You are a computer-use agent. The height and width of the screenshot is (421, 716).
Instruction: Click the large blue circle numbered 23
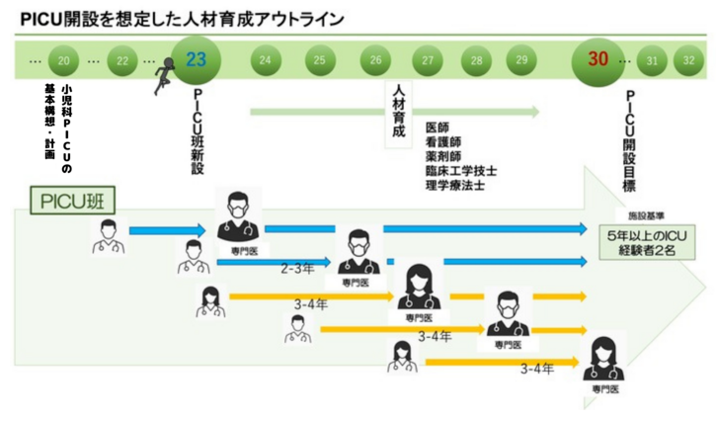(196, 60)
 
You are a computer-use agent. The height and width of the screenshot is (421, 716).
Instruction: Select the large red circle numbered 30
(597, 59)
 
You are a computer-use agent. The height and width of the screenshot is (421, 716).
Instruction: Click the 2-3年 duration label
(298, 269)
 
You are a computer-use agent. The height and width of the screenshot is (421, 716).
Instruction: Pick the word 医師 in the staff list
(437, 128)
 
